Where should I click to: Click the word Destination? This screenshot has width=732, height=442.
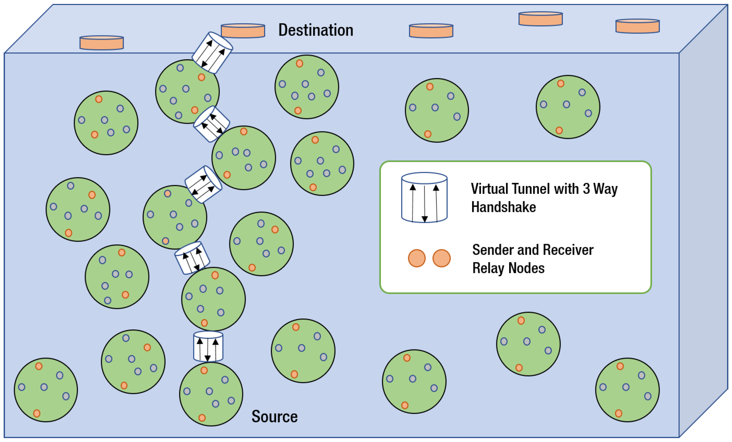316,30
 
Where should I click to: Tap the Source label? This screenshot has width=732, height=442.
274,416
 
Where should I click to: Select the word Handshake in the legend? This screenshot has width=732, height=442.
504,207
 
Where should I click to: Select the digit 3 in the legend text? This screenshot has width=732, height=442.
586,189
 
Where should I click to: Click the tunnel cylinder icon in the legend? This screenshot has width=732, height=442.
424,197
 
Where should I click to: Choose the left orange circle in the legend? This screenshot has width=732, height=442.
417,258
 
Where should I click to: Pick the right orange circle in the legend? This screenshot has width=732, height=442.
442,258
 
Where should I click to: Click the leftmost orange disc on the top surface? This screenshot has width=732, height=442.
102,43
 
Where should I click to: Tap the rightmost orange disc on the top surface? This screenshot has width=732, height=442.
637,26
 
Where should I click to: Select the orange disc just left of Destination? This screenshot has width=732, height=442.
243,31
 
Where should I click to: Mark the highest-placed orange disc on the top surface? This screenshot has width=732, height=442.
541,19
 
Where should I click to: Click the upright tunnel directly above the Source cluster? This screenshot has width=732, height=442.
208,346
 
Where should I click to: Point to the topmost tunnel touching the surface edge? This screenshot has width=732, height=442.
212,53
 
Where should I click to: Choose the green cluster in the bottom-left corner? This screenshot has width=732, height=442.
46,390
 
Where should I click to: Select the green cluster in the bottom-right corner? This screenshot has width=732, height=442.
627,390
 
